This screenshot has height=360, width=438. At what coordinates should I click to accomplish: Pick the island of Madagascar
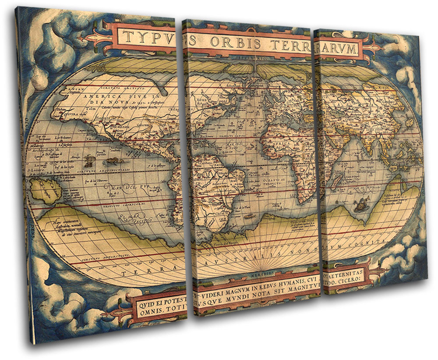click(336, 178)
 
